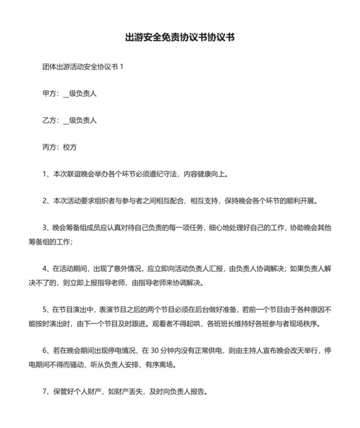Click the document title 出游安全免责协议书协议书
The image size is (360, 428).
pyautogui.click(x=179, y=37)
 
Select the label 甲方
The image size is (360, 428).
pyautogui.click(x=49, y=93)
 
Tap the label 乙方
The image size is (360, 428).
pyautogui.click(x=49, y=120)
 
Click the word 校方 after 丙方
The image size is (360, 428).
pyautogui.click(x=69, y=147)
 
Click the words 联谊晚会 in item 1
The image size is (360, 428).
pyautogui.click(x=82, y=174)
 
